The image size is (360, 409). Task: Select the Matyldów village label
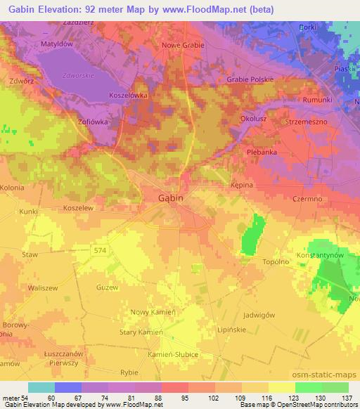click(x=57, y=42)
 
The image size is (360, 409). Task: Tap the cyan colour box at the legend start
click(x=41, y=387)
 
